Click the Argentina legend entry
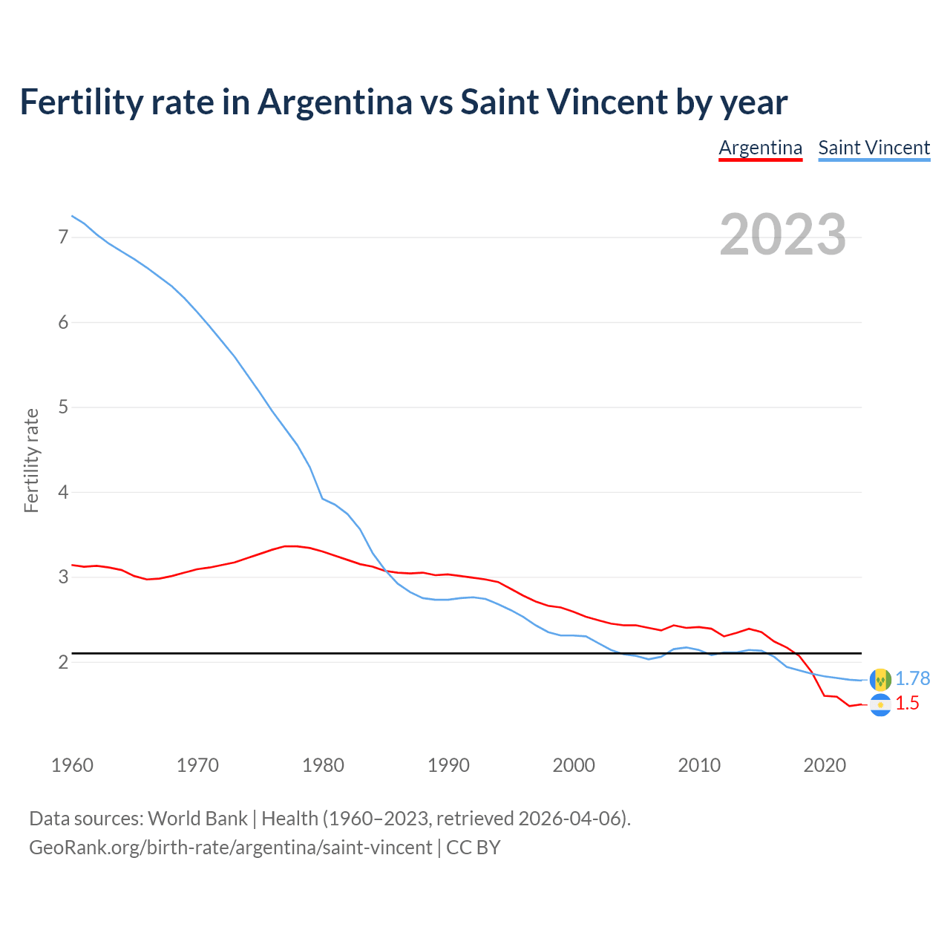(x=760, y=148)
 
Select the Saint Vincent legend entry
(x=874, y=148)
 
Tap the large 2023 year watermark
(x=782, y=235)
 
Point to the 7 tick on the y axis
(x=63, y=237)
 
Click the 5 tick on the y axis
(x=63, y=407)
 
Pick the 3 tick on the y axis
(x=63, y=577)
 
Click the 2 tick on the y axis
(x=63, y=662)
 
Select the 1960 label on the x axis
(x=72, y=765)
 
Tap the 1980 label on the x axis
(x=323, y=765)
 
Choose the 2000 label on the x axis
(x=574, y=765)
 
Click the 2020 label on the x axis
(x=825, y=765)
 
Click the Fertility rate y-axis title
(x=31, y=460)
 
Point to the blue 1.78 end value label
(x=912, y=678)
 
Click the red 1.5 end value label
(x=907, y=704)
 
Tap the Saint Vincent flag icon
(x=880, y=679)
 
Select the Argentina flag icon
(x=880, y=705)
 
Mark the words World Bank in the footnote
(x=197, y=819)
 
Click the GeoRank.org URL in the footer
(x=230, y=848)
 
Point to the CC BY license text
(x=473, y=848)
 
